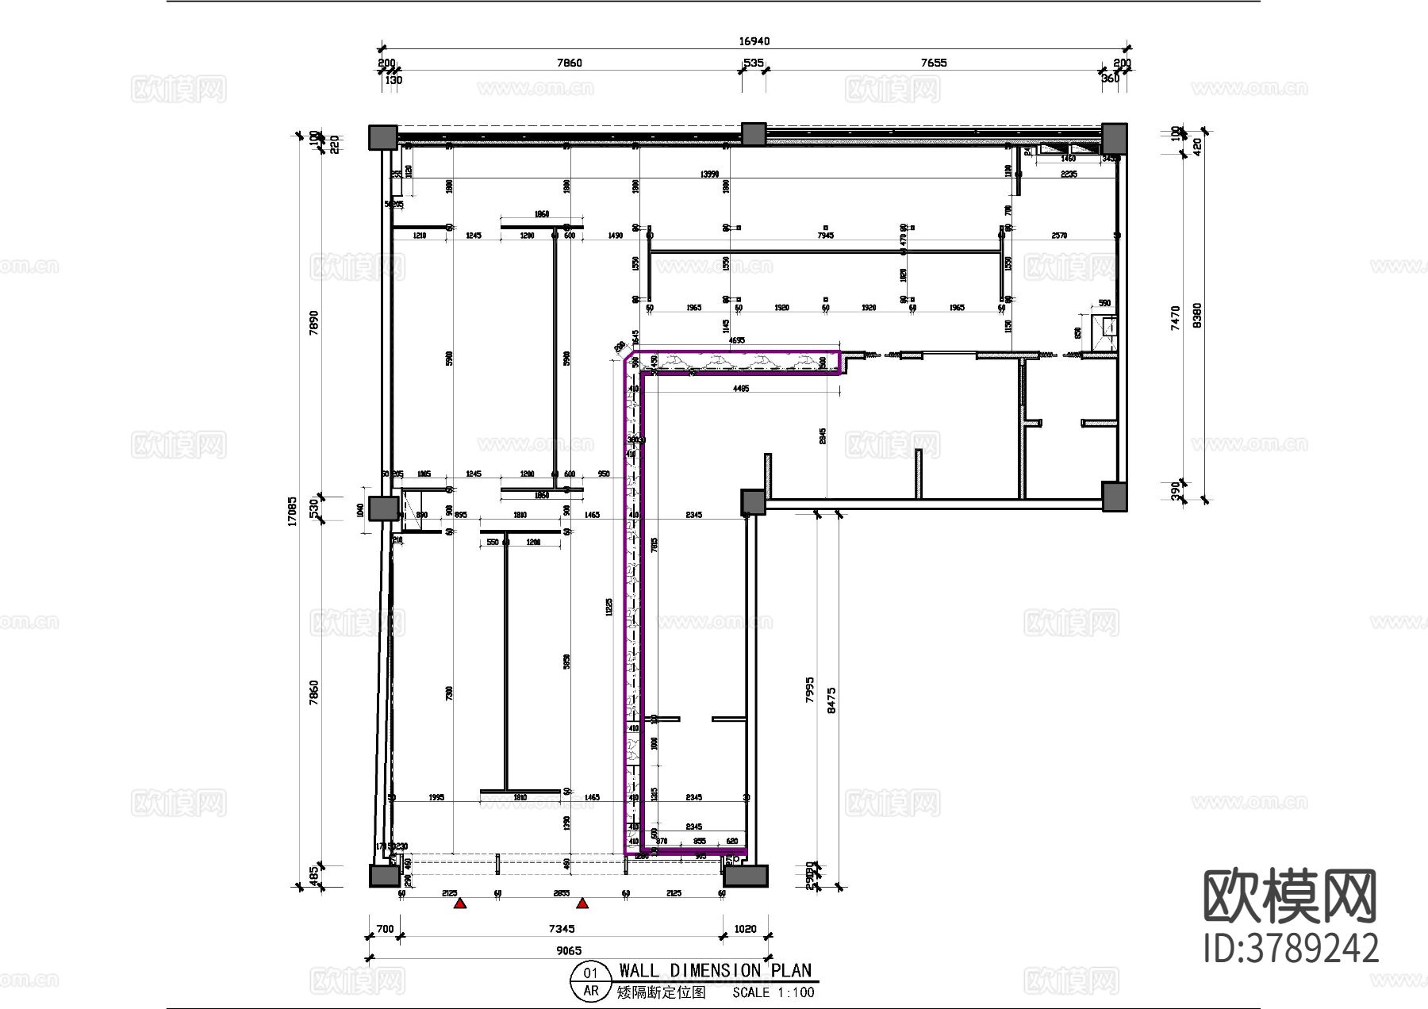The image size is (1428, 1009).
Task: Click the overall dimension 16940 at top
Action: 754,41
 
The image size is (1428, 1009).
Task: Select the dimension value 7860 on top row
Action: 569,63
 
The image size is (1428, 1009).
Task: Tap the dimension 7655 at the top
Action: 934,63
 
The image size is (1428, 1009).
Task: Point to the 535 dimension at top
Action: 753,63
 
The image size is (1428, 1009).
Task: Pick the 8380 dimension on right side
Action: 1197,316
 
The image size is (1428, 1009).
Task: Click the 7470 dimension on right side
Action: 1176,317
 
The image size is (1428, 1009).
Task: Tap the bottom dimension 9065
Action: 568,950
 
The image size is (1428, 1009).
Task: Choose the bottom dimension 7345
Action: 561,928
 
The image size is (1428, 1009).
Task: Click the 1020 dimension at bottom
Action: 745,928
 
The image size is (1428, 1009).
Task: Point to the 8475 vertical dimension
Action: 831,700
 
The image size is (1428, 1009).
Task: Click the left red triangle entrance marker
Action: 459,903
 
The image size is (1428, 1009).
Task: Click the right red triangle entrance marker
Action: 582,903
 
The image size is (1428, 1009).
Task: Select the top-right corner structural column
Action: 1114,138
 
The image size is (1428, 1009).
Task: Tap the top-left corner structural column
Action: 382,138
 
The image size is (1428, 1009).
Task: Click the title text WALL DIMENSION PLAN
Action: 715,970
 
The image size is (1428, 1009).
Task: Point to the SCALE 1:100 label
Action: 773,992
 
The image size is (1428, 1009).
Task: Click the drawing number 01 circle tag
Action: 591,973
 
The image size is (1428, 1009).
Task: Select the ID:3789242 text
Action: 1291,949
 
